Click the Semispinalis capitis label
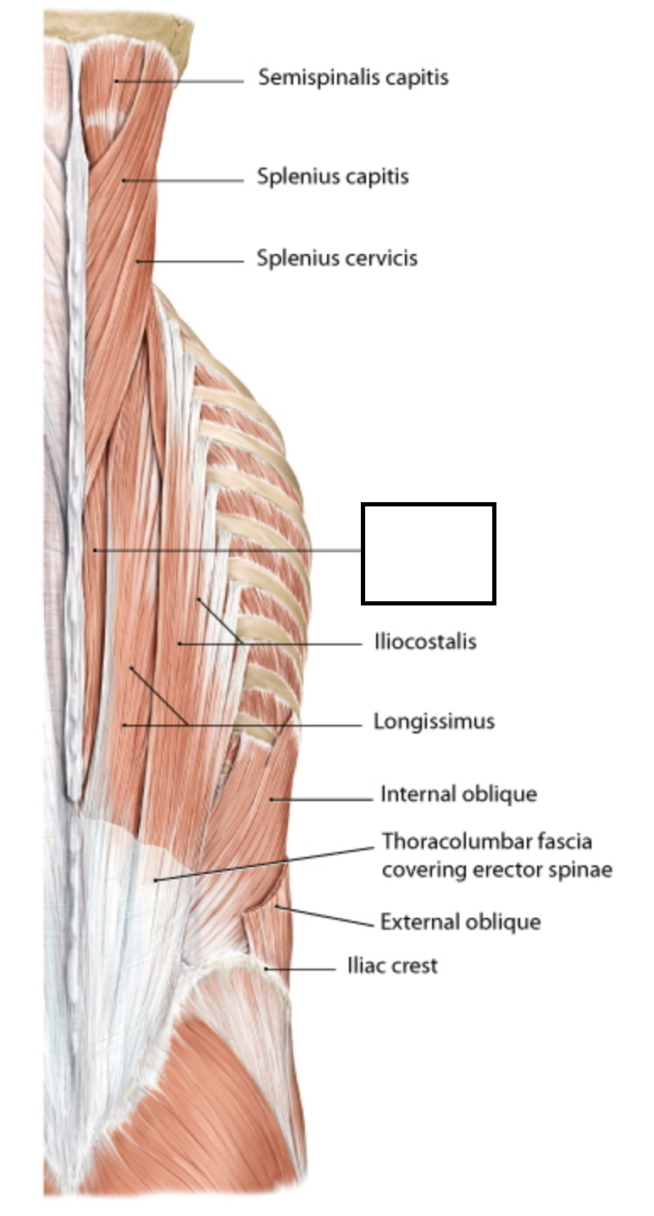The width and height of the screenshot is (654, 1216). [x=352, y=78]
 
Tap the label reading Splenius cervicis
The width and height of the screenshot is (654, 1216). [x=336, y=257]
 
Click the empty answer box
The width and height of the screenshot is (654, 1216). [x=428, y=554]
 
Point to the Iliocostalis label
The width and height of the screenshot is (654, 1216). [x=424, y=642]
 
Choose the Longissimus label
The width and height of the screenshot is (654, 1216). [x=434, y=721]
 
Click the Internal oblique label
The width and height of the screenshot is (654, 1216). [x=457, y=794]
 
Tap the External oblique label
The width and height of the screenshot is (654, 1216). [x=459, y=920]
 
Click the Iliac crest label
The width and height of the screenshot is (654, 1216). [x=391, y=965]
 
